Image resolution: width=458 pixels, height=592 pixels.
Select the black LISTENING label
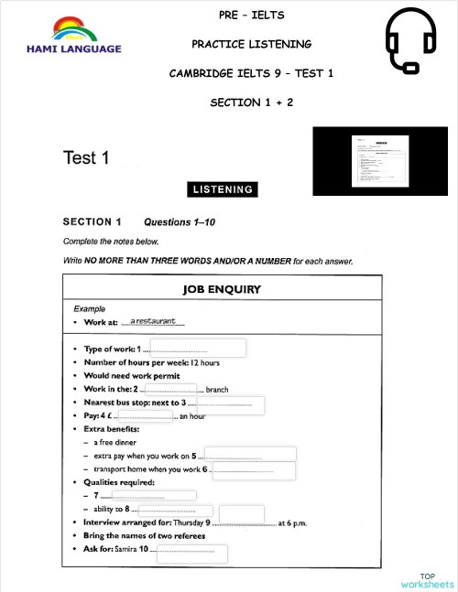click(223, 189)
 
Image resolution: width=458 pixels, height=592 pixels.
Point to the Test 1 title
click(86, 158)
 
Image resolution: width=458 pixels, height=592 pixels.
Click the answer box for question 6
click(254, 470)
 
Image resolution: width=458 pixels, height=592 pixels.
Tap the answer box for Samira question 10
click(191, 553)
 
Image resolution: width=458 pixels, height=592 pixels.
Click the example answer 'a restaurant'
click(153, 321)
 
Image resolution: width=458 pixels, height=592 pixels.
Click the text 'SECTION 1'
click(92, 221)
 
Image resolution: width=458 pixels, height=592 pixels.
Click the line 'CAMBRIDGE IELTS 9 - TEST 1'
click(251, 73)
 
